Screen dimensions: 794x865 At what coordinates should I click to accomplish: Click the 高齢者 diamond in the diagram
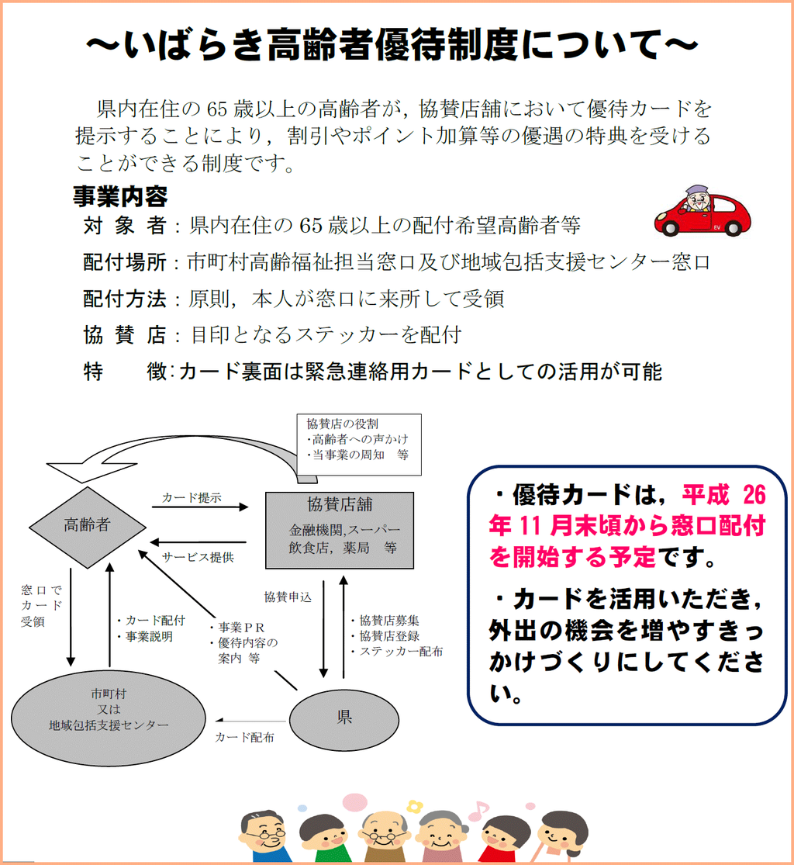[87, 527]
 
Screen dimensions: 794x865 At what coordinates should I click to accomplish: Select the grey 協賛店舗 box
[340, 530]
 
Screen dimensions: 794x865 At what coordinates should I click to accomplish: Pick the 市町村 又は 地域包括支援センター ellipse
[109, 718]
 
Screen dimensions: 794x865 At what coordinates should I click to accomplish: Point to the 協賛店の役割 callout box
[359, 445]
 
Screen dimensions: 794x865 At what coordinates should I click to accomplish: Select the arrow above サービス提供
[198, 541]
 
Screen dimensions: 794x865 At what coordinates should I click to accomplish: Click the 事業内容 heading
[120, 195]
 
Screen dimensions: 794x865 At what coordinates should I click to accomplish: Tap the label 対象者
[125, 225]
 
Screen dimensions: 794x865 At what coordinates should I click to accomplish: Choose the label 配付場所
[125, 262]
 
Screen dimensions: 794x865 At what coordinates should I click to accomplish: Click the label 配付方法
[125, 299]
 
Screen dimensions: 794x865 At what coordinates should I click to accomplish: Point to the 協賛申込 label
[288, 597]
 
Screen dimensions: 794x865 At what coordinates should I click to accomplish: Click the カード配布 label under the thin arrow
[245, 738]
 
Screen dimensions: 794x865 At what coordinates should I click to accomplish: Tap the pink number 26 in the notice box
[754, 495]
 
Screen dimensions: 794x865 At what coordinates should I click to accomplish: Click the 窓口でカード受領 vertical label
[41, 606]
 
